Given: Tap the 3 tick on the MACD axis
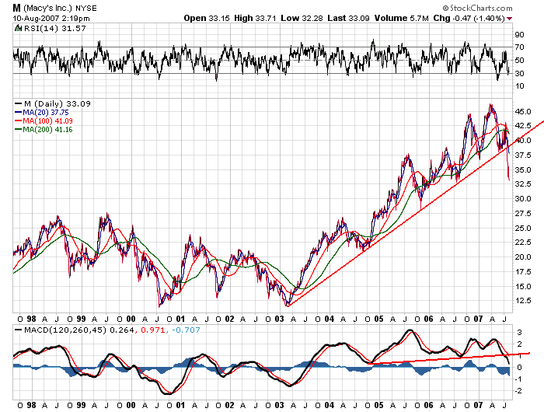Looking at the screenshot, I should click(519, 332).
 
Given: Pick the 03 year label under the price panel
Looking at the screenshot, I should click(279, 319).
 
